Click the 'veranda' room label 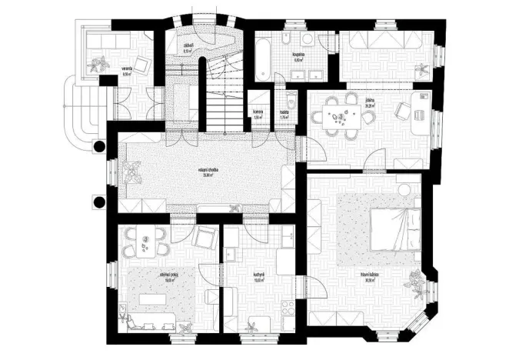[x=128, y=71]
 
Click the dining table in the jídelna [x=340, y=118]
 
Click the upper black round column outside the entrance [x=99, y=147]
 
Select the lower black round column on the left [x=98, y=202]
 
